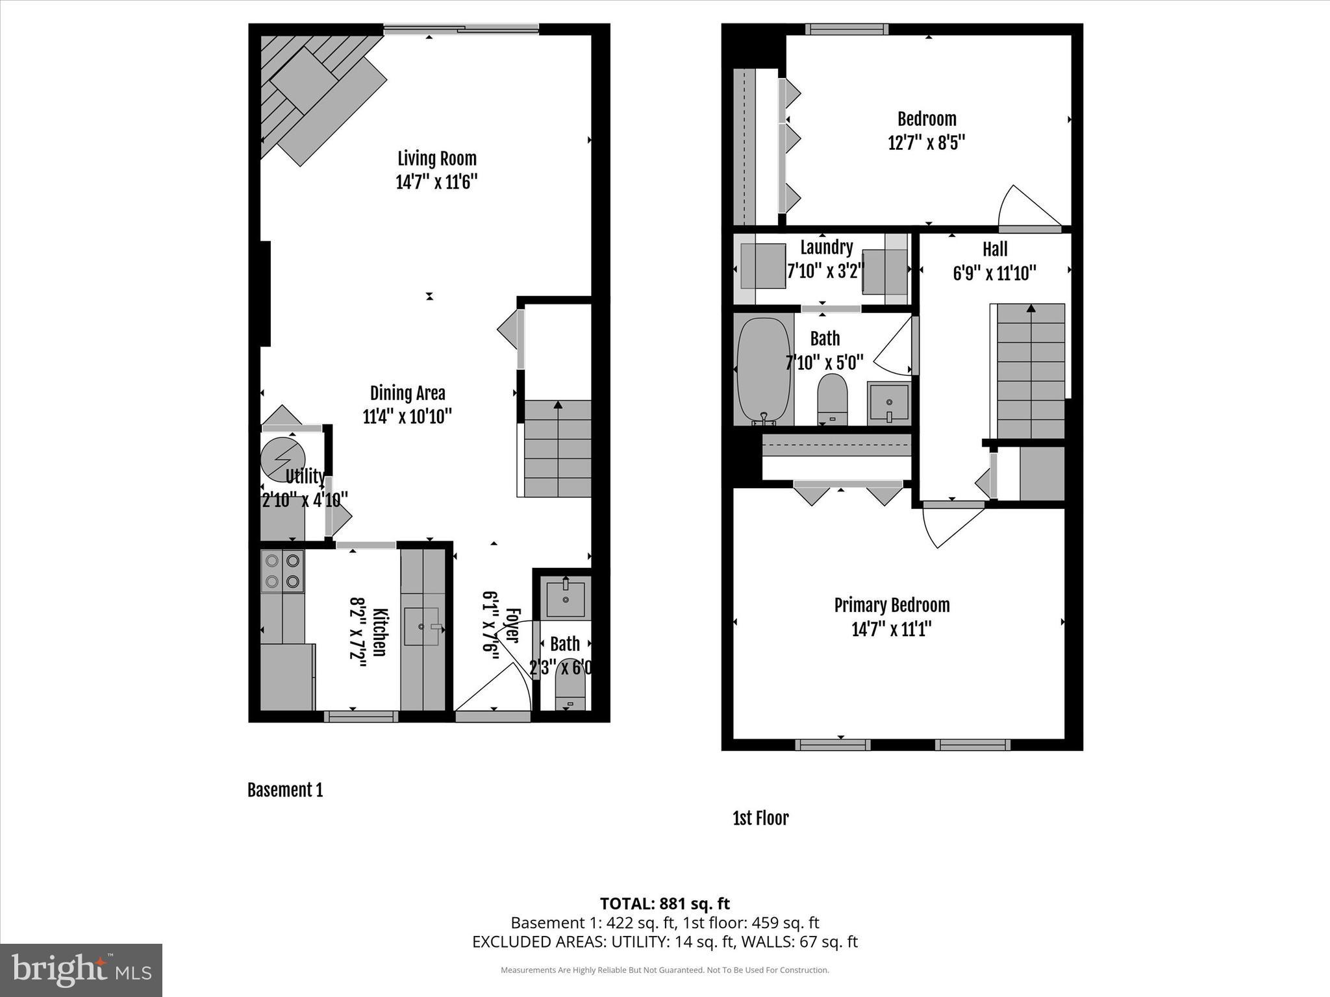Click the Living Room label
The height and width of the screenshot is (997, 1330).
[x=436, y=158]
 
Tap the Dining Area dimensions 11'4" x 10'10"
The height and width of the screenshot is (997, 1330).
[x=407, y=417]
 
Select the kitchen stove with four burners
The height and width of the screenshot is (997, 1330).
[x=282, y=571]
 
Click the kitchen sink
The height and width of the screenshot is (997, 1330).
[x=422, y=626]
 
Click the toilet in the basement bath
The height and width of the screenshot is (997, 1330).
[x=571, y=686]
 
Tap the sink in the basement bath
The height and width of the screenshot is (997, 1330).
[x=566, y=598]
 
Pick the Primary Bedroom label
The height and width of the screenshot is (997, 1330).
[x=892, y=606]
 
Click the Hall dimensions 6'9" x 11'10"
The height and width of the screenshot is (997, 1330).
[x=994, y=273]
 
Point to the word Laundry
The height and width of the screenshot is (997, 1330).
[x=826, y=247]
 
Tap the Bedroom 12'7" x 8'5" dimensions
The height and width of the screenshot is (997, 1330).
[x=927, y=142]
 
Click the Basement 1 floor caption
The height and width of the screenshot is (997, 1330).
[x=285, y=790]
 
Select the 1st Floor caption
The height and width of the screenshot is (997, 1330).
[x=760, y=819]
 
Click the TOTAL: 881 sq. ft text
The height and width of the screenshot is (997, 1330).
[x=664, y=904]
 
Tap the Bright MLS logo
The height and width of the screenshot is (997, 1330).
[x=81, y=970]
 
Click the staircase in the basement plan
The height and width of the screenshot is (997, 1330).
[x=558, y=449]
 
